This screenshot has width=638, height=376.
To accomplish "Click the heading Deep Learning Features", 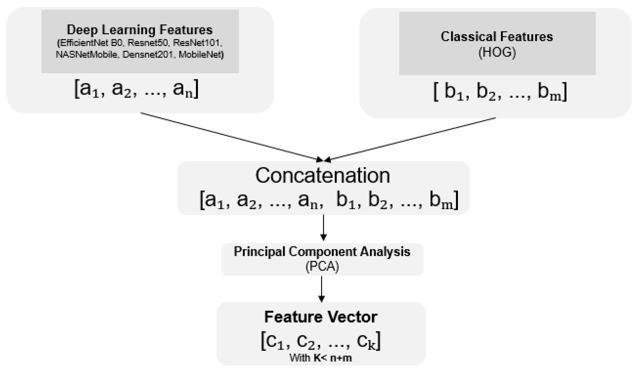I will [140, 30].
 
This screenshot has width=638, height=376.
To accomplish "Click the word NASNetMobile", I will [86, 54].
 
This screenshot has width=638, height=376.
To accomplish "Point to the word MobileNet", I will [201, 54].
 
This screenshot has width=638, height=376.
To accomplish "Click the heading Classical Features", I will [497, 37].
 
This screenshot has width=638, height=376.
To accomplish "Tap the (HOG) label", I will [497, 52].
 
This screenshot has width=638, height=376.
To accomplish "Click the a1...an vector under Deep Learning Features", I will [136, 89].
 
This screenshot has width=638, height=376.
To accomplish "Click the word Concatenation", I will [322, 176].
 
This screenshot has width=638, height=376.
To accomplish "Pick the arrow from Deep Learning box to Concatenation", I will [231, 136].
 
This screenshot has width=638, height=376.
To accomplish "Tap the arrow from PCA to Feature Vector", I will [321, 289].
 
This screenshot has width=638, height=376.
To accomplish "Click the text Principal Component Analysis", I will [322, 252].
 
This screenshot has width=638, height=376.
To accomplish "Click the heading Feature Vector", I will [321, 317].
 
